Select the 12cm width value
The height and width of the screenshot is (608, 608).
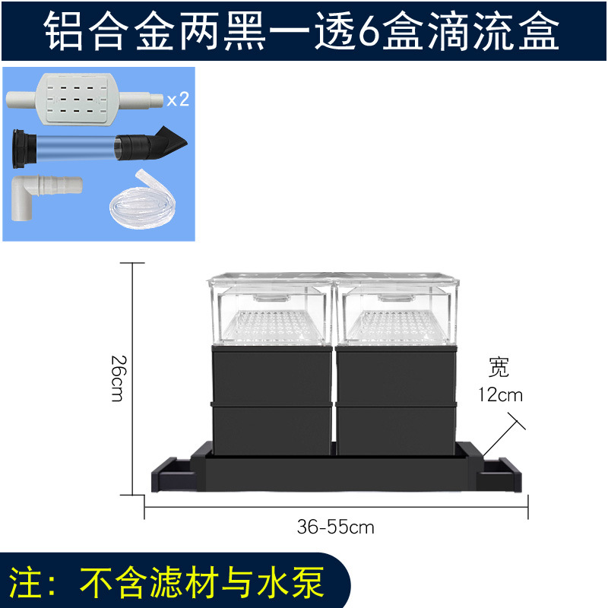[x=500, y=396]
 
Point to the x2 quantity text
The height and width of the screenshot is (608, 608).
[x=177, y=100]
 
